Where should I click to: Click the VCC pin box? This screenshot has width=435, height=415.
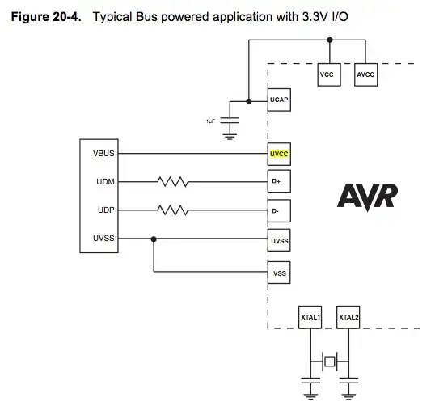pyautogui.click(x=327, y=74)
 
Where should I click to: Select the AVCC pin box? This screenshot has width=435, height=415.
pyautogui.click(x=366, y=74)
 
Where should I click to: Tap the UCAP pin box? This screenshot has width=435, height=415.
pyautogui.click(x=279, y=100)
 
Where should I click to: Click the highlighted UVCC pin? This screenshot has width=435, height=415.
pyautogui.click(x=279, y=152)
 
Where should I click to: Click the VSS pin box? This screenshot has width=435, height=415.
pyautogui.click(x=279, y=273)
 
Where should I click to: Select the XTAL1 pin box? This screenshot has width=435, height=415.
pyautogui.click(x=310, y=318)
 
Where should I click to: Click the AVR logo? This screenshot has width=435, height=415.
pyautogui.click(x=366, y=197)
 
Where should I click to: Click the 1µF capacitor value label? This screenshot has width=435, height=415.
pyautogui.click(x=210, y=121)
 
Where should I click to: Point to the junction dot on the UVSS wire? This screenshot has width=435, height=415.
pyautogui.click(x=154, y=239)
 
